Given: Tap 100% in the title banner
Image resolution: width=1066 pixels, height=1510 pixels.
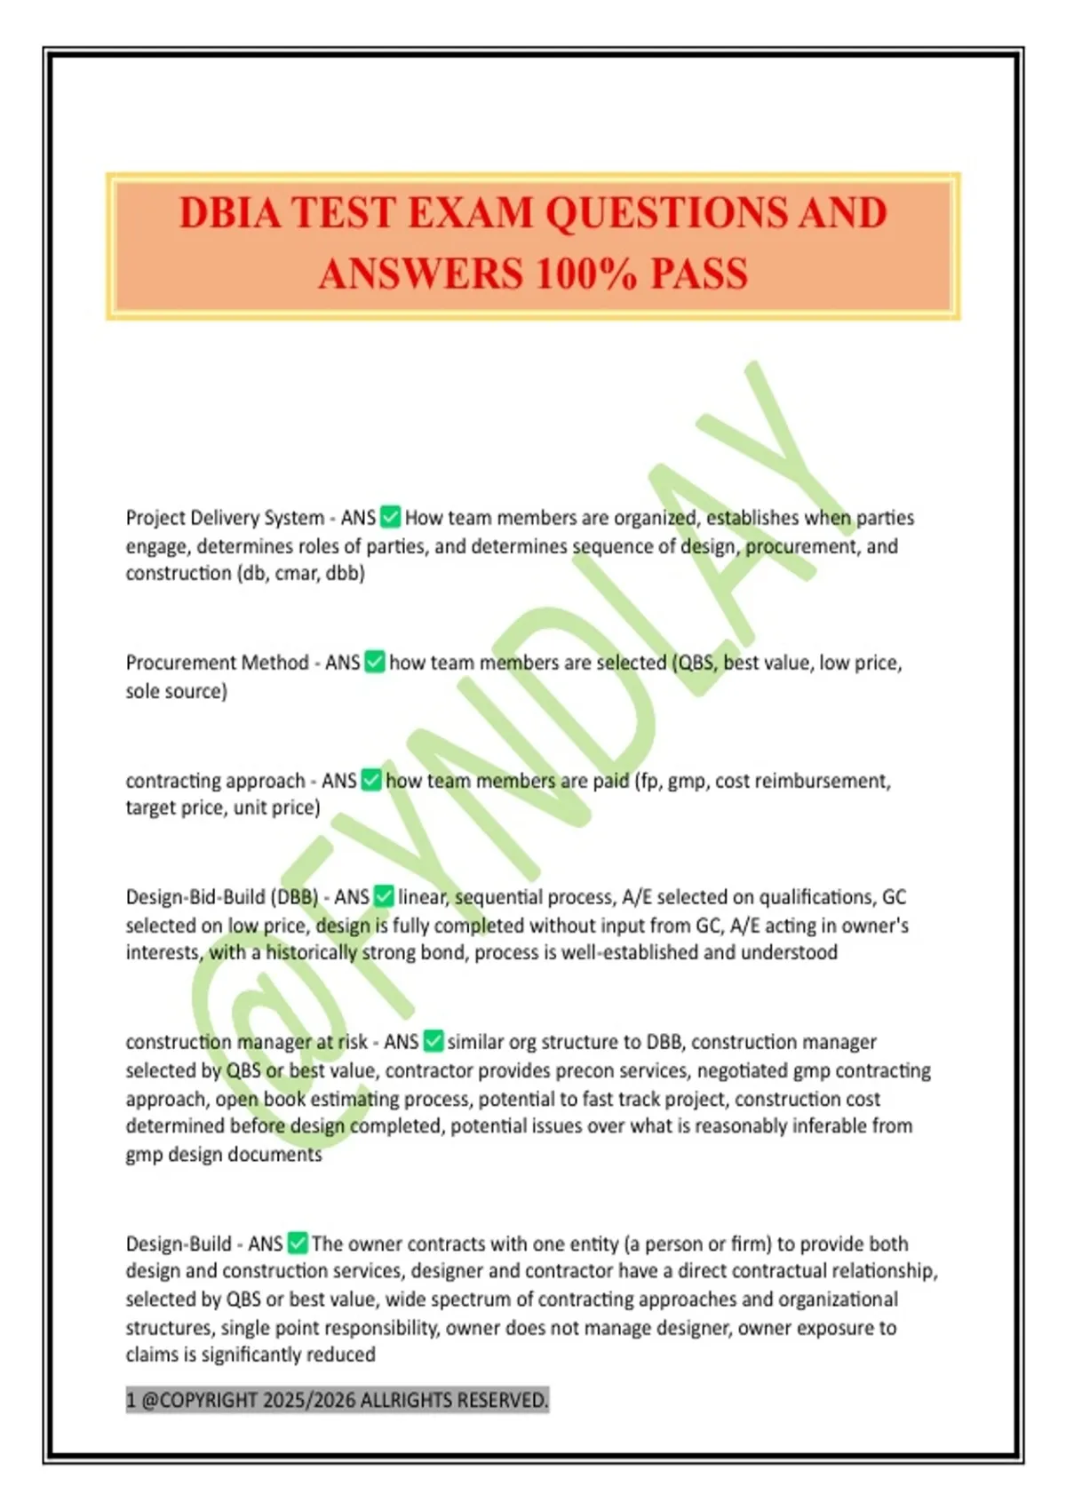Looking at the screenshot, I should click(585, 274).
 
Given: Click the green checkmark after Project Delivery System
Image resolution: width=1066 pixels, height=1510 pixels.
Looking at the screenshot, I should click(390, 516).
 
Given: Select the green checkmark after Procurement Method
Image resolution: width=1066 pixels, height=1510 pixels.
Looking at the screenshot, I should click(375, 662).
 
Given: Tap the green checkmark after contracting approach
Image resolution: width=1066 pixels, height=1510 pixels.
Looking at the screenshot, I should click(371, 780).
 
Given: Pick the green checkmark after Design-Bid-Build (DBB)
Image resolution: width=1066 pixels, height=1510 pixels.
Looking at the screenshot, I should click(384, 896).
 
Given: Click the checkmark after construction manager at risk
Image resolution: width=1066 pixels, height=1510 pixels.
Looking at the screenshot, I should click(434, 1041).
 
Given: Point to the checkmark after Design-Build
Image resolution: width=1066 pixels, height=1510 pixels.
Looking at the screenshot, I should click(298, 1243).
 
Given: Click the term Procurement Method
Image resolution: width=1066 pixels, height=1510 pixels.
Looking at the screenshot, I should click(217, 663).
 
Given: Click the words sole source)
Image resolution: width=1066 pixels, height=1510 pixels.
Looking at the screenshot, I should click(176, 691).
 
